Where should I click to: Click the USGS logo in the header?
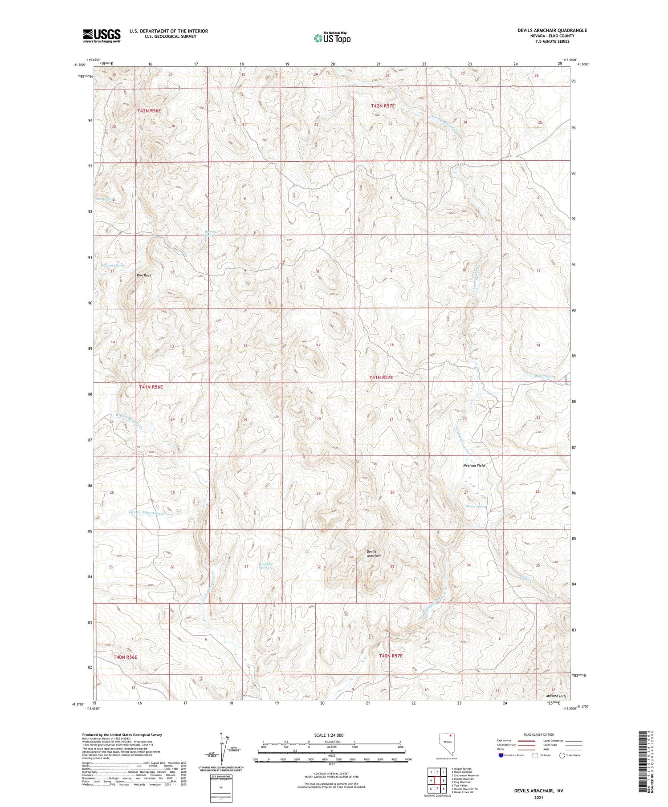102,36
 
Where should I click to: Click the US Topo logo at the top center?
332,38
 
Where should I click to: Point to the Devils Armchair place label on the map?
374,553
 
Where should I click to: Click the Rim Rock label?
144,276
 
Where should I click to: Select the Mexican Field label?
474,466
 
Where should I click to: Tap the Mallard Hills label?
556,696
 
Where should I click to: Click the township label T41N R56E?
151,387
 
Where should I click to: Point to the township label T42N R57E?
383,106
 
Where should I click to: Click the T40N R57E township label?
391,656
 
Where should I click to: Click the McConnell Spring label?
113,265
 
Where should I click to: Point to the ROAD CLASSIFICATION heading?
539,734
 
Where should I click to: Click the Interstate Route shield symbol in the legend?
501,755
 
